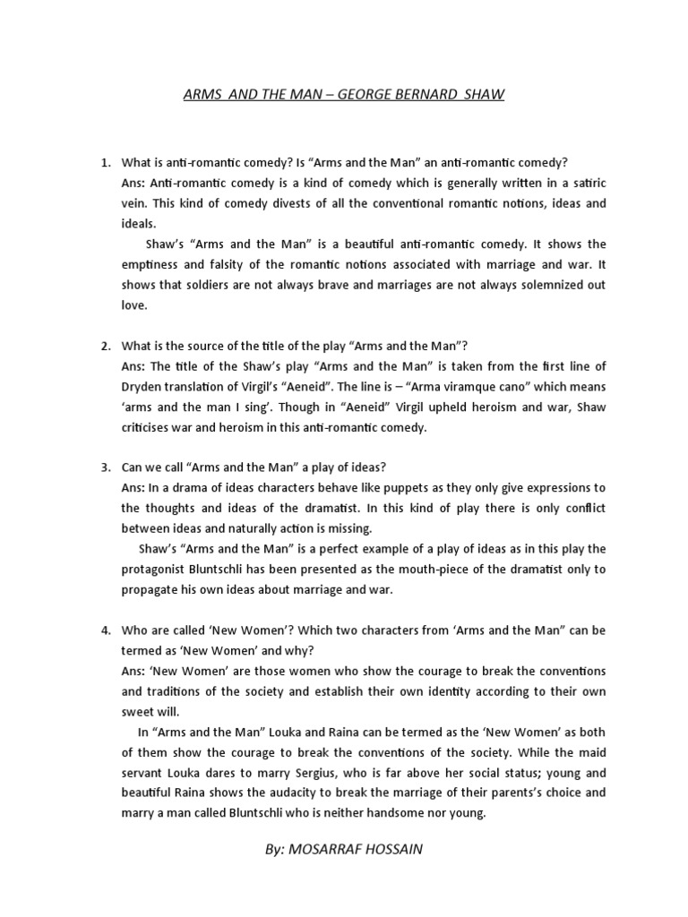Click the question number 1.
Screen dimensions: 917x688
[105, 162]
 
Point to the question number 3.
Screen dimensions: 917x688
[105, 467]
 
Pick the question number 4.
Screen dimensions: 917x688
[105, 630]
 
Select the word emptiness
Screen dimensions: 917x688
[152, 264]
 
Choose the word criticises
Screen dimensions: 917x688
[151, 427]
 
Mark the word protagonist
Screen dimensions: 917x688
[157, 570]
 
